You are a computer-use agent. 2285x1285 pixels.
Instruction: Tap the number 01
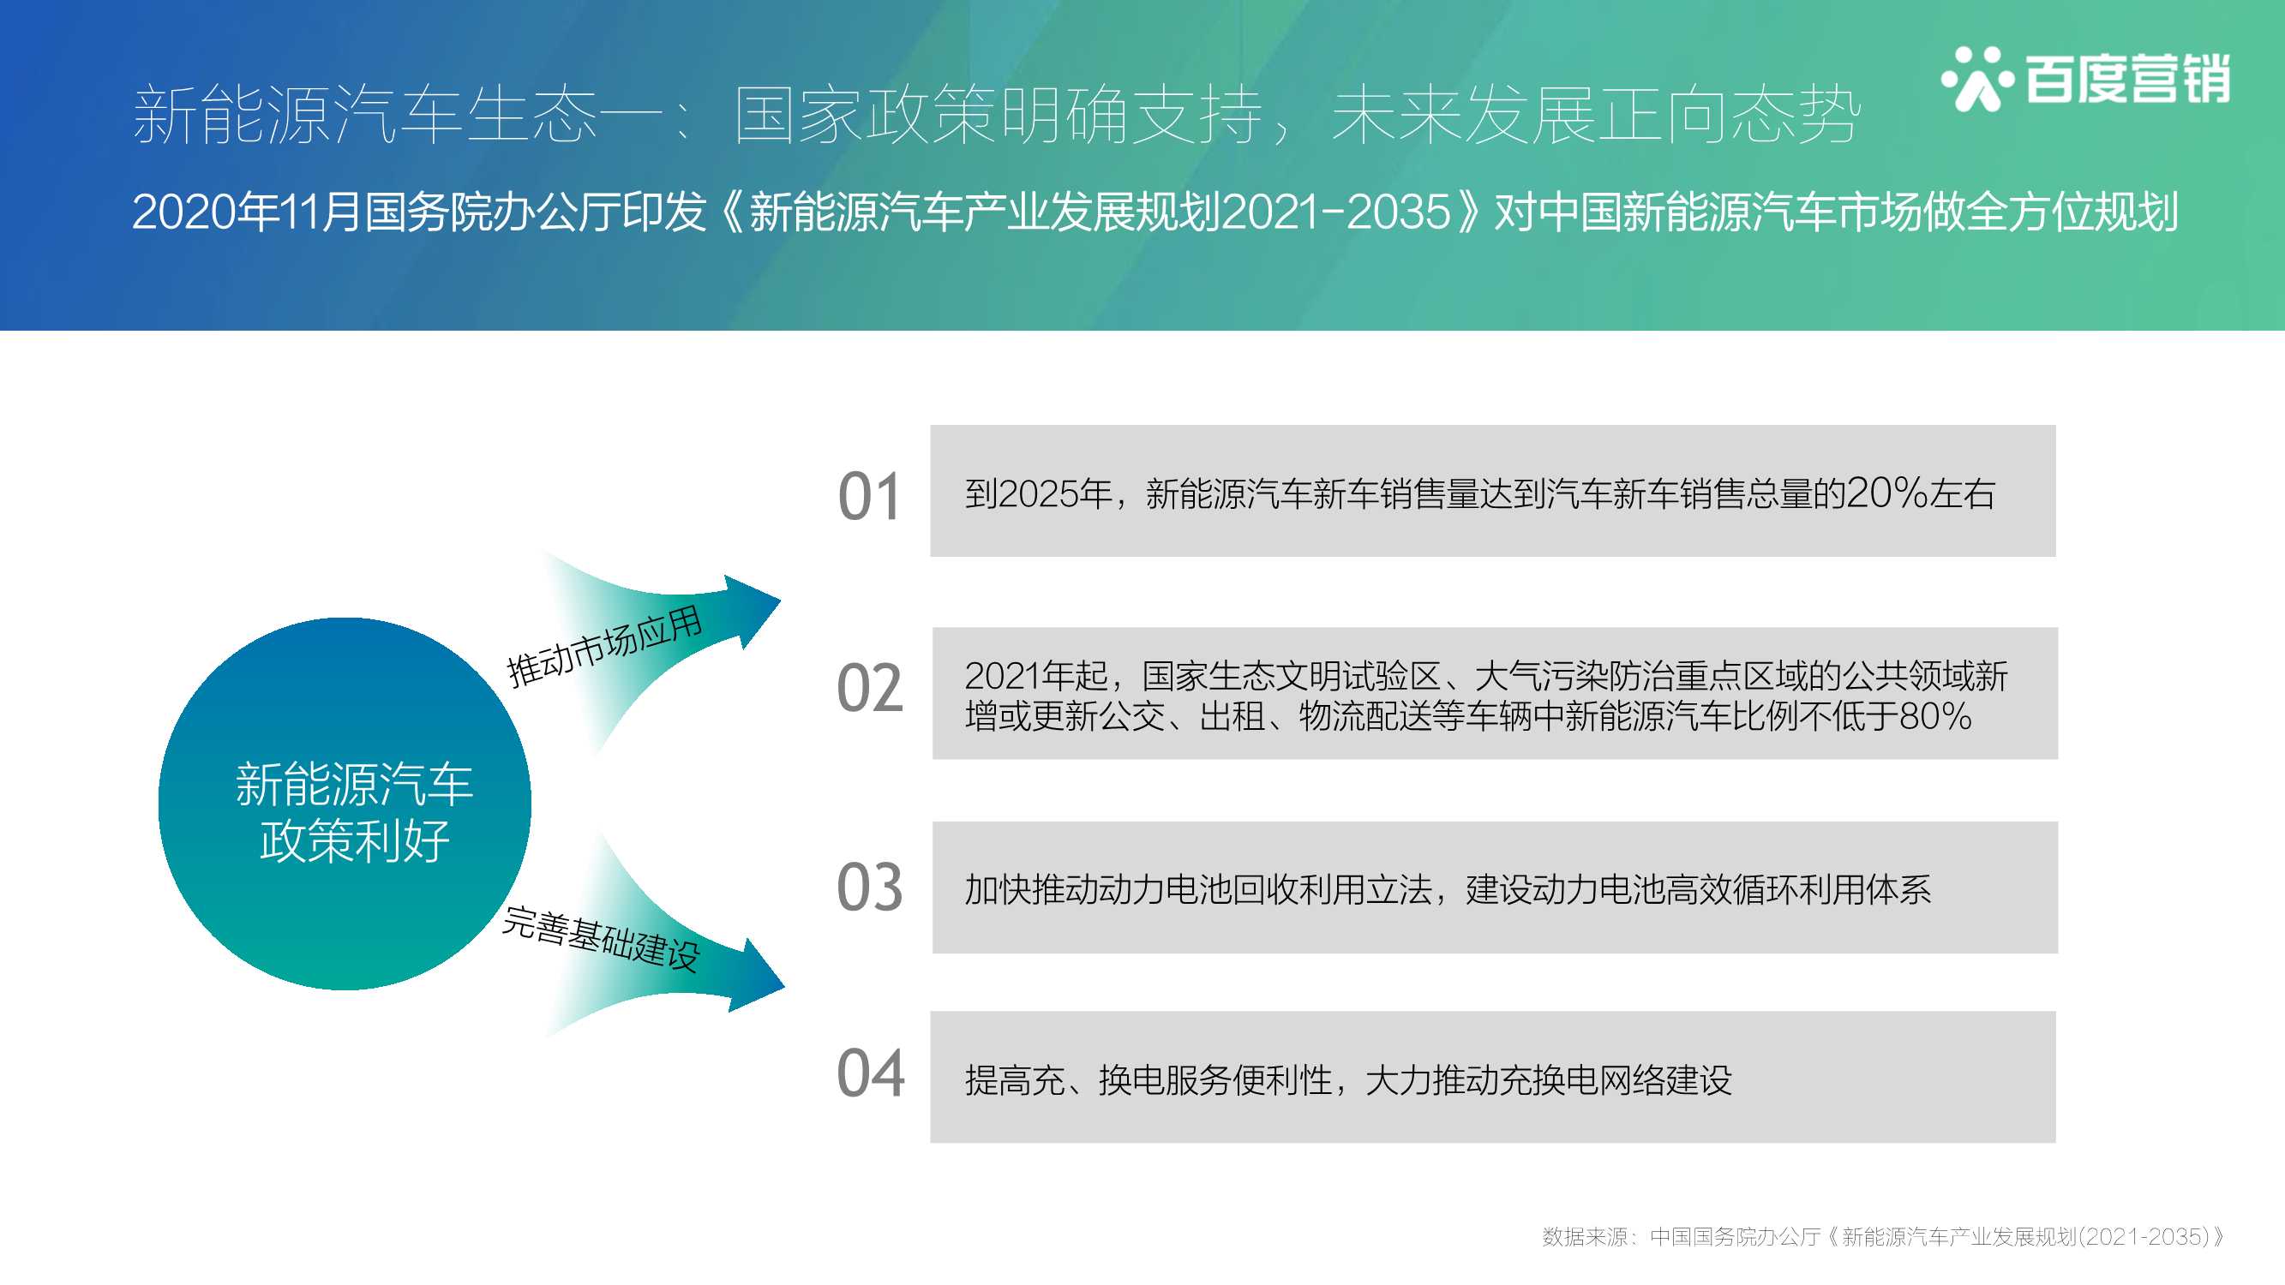869,496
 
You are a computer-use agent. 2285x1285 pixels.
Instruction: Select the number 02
869,688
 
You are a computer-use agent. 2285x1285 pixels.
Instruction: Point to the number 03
869,887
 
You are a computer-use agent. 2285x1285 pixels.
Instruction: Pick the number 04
870,1073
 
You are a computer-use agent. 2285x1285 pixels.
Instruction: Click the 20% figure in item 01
1886,493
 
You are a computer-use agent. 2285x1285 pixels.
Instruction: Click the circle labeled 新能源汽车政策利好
345,804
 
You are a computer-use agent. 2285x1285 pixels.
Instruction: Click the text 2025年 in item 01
1056,494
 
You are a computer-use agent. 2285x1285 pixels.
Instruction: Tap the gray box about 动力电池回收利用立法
1495,888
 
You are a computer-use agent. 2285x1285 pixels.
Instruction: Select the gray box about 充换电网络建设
1493,1077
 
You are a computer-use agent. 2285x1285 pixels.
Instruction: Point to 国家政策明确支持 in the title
999,116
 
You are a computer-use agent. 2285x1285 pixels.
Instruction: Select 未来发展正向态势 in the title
1596,116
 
